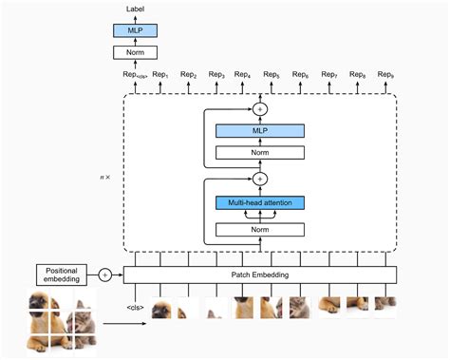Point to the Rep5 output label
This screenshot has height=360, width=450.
272,74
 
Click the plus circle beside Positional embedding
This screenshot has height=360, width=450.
104,275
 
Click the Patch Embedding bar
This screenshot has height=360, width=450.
260,275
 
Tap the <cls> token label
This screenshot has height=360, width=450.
135,307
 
